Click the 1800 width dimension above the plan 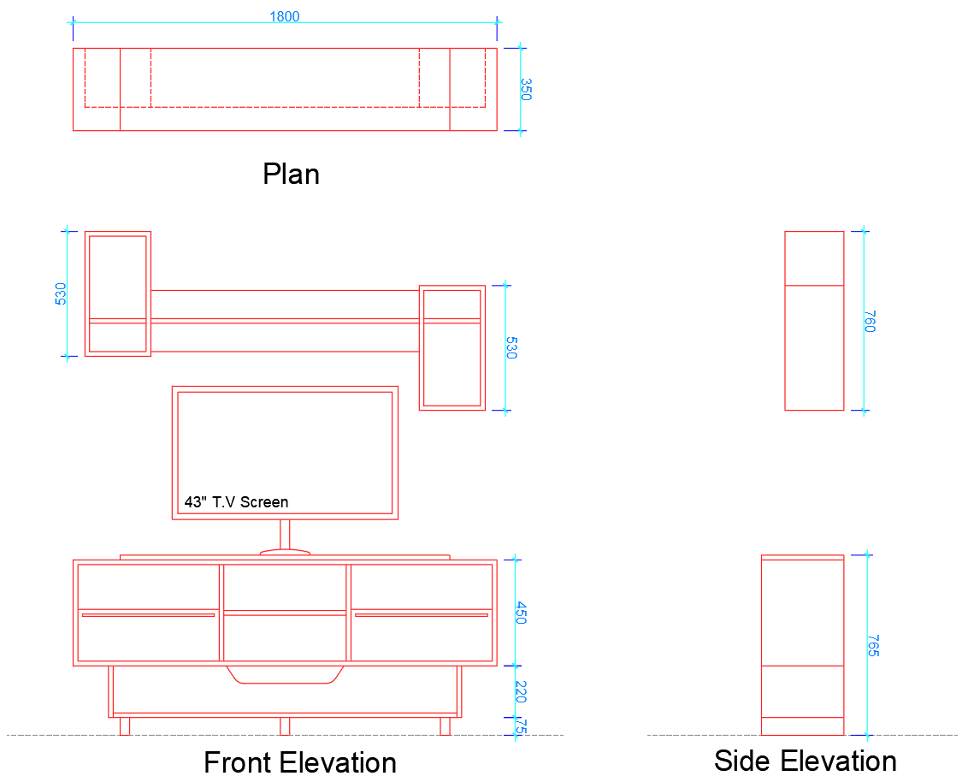[x=285, y=16]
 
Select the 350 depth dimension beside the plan [x=525, y=89]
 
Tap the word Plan [x=291, y=175]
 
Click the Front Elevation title [x=299, y=761]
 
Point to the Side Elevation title [x=805, y=760]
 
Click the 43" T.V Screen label [x=236, y=502]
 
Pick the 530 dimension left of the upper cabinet [x=61, y=293]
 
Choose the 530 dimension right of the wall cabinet [x=511, y=347]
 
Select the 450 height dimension [x=521, y=612]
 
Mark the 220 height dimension [x=521, y=691]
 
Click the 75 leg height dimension [x=521, y=726]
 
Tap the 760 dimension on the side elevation [x=870, y=321]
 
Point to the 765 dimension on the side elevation [x=872, y=645]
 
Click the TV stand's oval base [x=284, y=552]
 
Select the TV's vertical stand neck [x=285, y=534]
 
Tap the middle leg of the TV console [x=285, y=726]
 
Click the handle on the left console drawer [x=148, y=615]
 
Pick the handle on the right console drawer [x=421, y=615]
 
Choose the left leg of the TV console [x=125, y=726]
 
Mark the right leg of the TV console [x=445, y=726]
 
